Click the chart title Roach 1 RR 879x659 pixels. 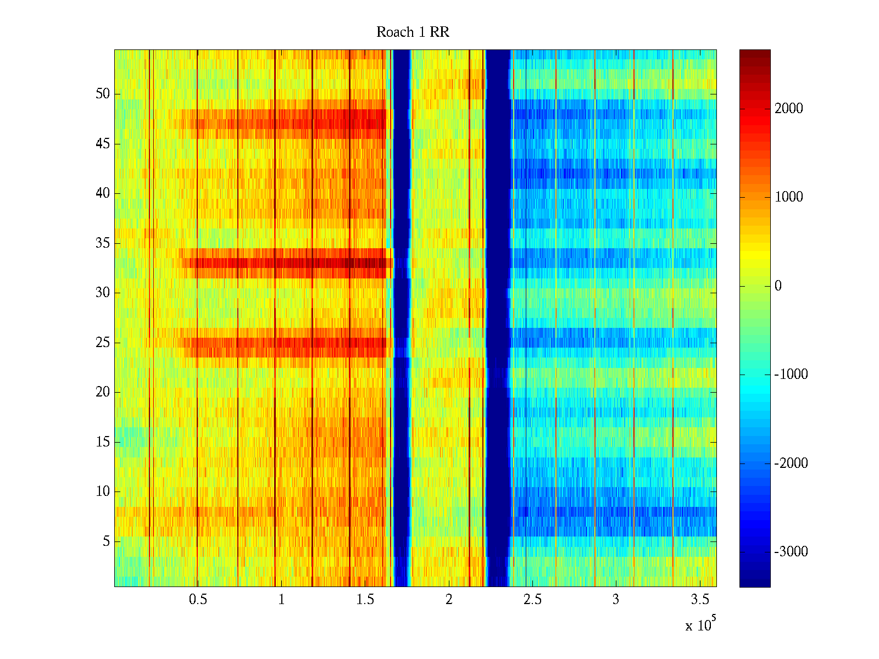click(x=413, y=32)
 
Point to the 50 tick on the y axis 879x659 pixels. click(x=103, y=94)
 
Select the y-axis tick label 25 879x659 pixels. click(x=103, y=343)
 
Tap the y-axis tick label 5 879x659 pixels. click(x=106, y=541)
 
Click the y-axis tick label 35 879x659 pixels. click(x=103, y=243)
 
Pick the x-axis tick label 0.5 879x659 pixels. click(x=198, y=600)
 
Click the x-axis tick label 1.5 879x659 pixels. click(x=365, y=600)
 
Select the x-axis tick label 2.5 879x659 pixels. click(x=532, y=600)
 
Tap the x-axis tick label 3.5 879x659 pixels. click(x=699, y=600)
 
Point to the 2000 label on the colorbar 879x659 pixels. click(x=789, y=109)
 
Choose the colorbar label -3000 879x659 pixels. click(x=791, y=552)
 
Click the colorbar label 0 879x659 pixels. click(x=778, y=286)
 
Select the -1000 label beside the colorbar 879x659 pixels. click(x=791, y=375)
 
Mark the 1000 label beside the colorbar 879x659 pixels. click(x=789, y=197)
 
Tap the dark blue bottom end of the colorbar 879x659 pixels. click(x=755, y=582)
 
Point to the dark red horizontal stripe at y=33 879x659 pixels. click(x=286, y=263)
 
